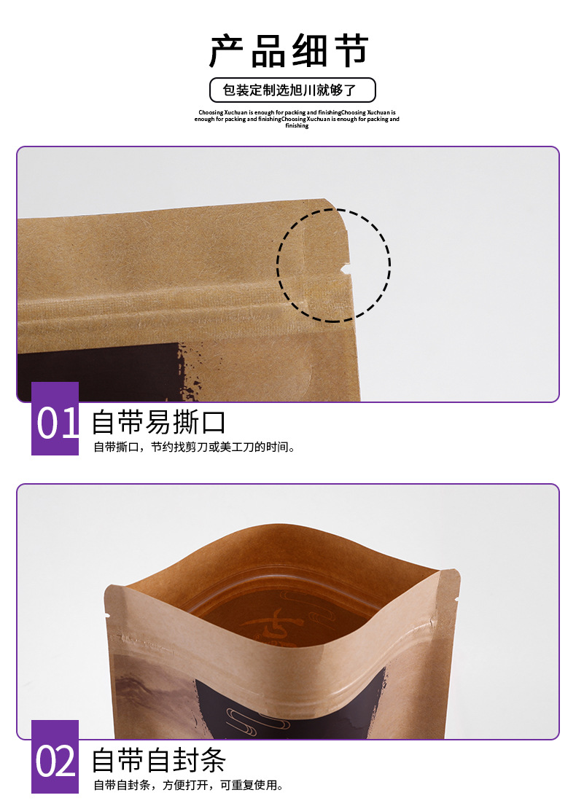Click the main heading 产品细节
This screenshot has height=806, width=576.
(x=289, y=51)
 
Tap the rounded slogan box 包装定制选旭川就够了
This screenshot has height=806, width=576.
(x=292, y=90)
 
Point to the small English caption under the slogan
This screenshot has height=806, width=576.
(x=297, y=119)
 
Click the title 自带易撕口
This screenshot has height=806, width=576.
(x=158, y=422)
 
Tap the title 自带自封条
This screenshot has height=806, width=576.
(x=158, y=760)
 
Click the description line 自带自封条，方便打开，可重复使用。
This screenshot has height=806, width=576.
(x=188, y=786)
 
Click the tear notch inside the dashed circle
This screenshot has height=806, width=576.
(x=345, y=271)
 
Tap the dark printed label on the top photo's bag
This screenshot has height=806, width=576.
(x=95, y=372)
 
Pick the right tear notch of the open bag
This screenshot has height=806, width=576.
(x=456, y=599)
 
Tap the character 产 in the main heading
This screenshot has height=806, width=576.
(x=229, y=51)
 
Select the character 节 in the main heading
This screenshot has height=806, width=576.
(x=349, y=51)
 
